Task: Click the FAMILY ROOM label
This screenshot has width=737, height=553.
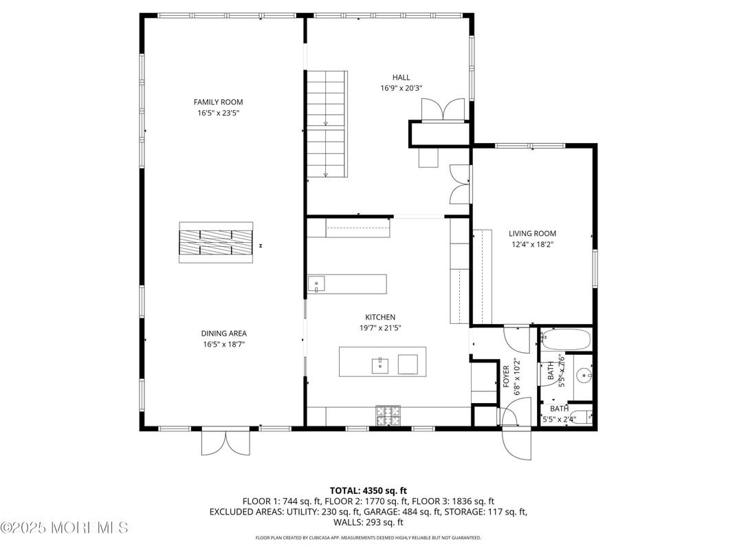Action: coord(218,102)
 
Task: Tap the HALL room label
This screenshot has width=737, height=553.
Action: coord(401,77)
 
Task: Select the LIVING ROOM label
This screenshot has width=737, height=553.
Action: coord(532,233)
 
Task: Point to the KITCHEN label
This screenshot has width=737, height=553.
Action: coord(379,317)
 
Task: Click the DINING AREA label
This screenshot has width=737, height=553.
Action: coord(224,334)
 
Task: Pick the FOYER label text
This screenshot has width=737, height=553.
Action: coord(507,377)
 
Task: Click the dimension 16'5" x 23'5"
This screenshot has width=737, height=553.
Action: coord(218,113)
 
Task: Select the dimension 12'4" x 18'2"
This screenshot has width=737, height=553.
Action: coord(532,244)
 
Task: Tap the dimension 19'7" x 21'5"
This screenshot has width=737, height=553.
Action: coord(379,328)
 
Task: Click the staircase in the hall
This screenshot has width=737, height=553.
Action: coord(327,124)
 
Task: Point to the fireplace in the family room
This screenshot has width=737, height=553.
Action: coord(216,242)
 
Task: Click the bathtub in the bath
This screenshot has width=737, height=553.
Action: coord(565,339)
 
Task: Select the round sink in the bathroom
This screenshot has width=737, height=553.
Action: coord(583,376)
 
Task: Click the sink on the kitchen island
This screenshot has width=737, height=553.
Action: coord(380,365)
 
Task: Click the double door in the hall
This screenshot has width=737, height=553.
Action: coord(443,110)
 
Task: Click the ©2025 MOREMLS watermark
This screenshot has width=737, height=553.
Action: coord(64,528)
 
